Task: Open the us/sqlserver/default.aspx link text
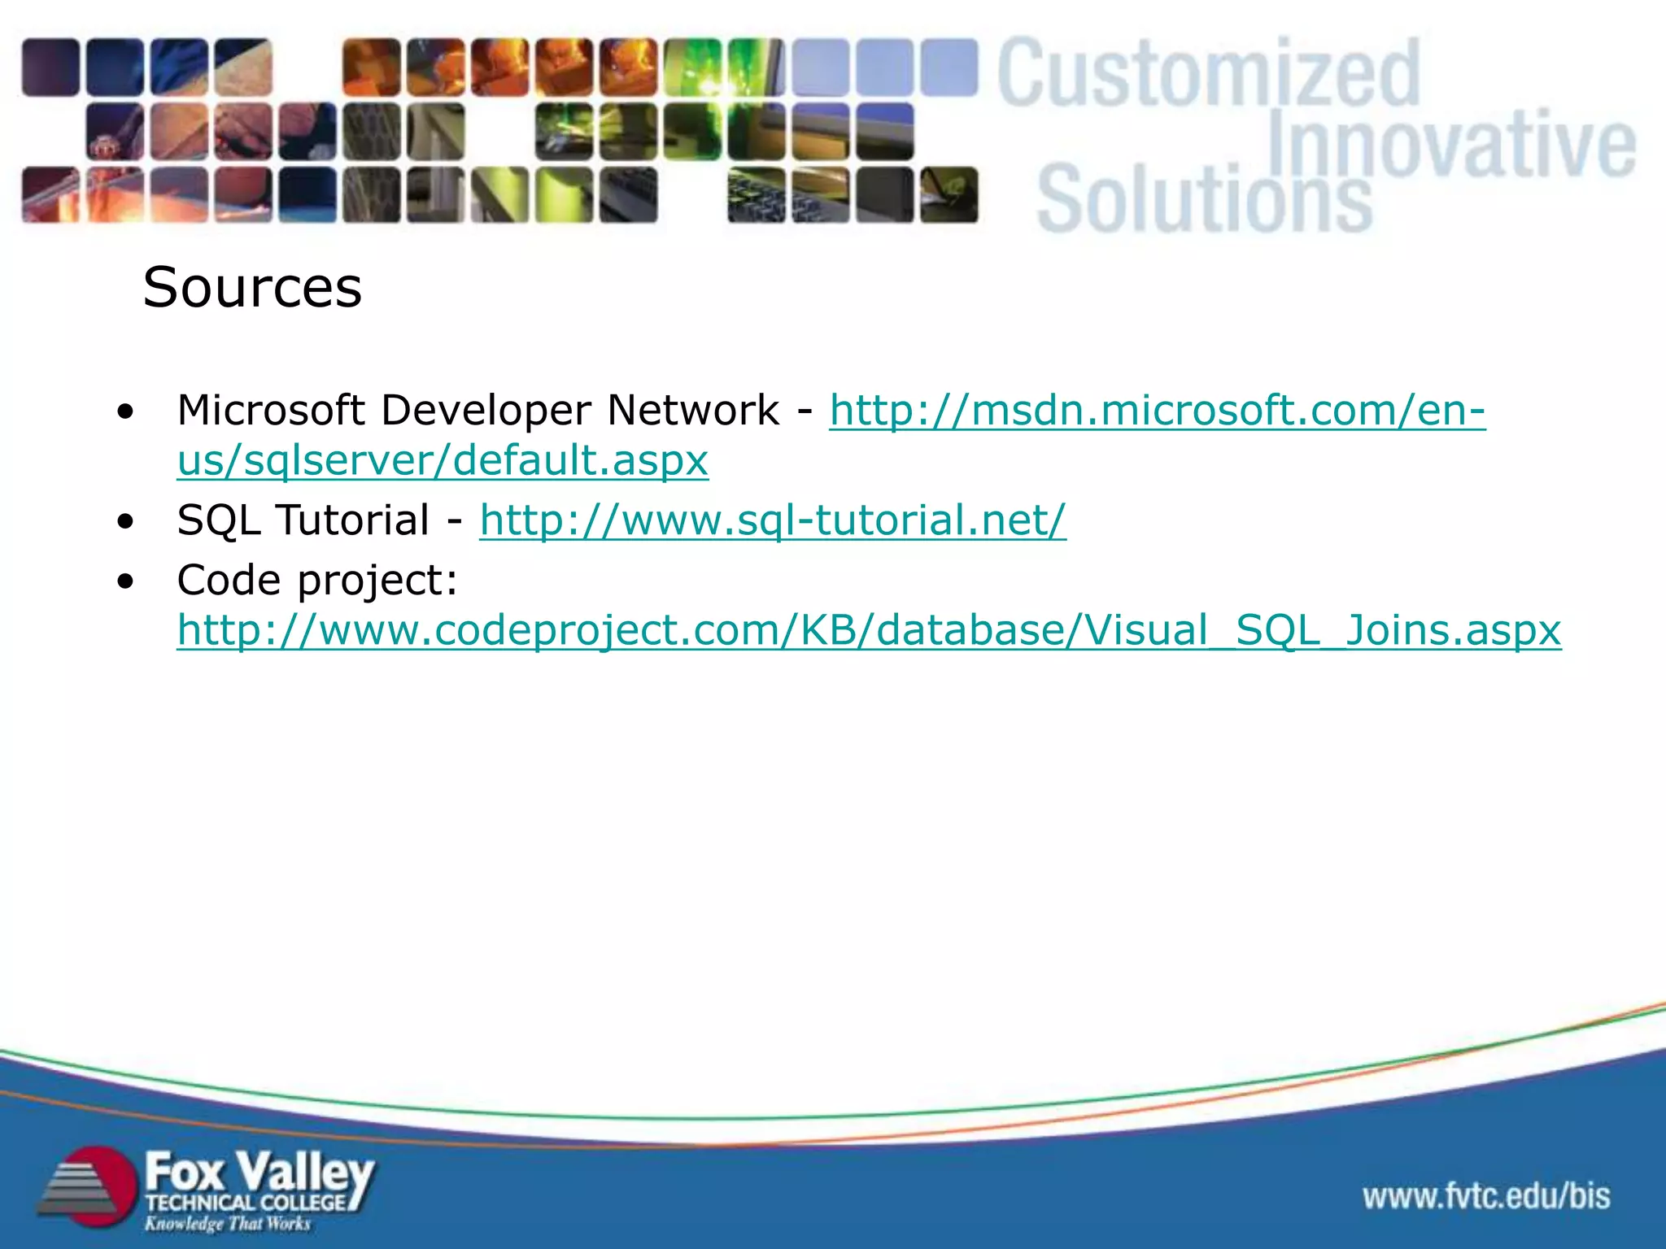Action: pyautogui.click(x=443, y=461)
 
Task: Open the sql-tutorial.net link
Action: pyautogui.click(x=772, y=520)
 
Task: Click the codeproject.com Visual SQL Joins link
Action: pyautogui.click(x=869, y=630)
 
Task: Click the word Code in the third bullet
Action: pyautogui.click(x=229, y=581)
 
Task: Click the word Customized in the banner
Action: pyautogui.click(x=1209, y=75)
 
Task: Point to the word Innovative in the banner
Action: pyautogui.click(x=1451, y=145)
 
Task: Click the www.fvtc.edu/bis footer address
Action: pyautogui.click(x=1486, y=1196)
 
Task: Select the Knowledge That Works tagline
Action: pyautogui.click(x=228, y=1224)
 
